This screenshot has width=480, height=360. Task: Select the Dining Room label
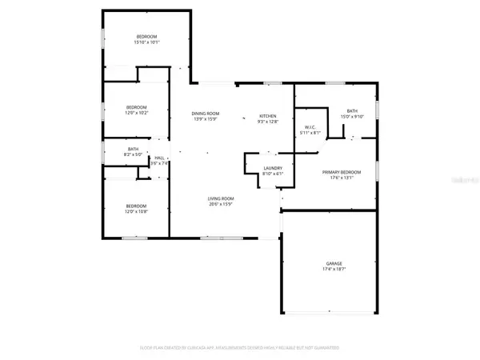coord(206,114)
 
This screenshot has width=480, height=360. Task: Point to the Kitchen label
coord(266,114)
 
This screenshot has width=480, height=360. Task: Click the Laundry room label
coord(274,168)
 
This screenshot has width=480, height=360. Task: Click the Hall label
coord(159,157)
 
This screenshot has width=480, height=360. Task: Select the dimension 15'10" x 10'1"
coord(146,42)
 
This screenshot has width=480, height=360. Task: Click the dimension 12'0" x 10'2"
coord(136,113)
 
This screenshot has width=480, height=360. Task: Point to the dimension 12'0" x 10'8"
coord(136,211)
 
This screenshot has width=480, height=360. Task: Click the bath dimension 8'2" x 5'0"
coord(134,154)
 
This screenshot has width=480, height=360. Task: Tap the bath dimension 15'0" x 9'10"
coord(352,116)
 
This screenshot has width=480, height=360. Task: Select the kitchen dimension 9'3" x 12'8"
coord(266,120)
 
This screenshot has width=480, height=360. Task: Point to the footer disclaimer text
coord(240,348)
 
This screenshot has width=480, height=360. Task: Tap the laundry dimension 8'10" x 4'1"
coord(274,174)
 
